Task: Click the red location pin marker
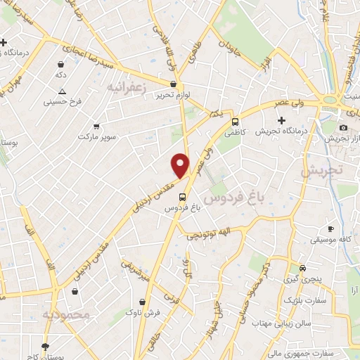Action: point(181,165)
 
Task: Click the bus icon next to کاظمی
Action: point(236,120)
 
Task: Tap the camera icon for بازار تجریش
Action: point(343,127)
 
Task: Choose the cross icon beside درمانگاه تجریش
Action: point(282,120)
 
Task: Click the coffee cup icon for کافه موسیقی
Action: point(330,229)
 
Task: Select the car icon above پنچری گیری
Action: point(302,268)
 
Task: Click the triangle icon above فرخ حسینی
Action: point(63,91)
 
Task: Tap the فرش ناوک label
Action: point(145,311)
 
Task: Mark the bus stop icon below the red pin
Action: point(182,197)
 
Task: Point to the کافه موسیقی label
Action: point(330,240)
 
